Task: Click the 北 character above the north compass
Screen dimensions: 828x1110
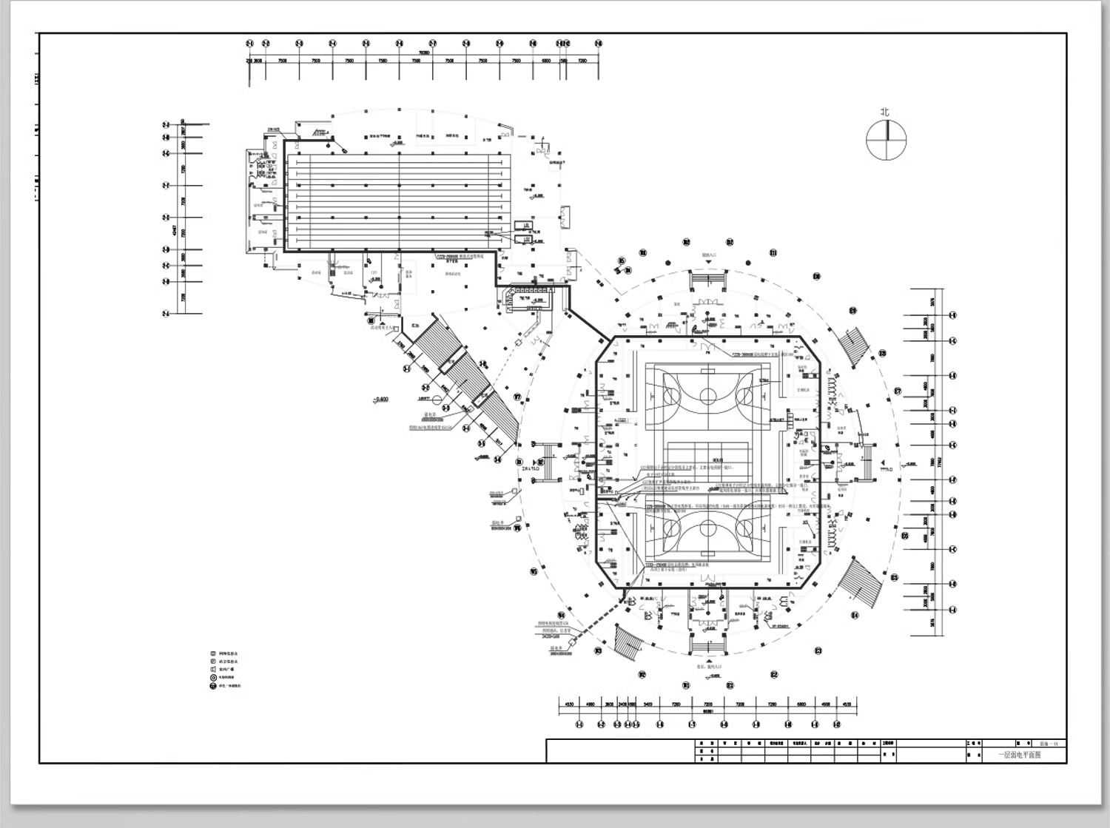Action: pyautogui.click(x=885, y=112)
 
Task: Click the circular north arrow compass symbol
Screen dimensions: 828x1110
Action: pyautogui.click(x=887, y=139)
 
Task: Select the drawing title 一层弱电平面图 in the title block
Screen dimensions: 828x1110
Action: pyautogui.click(x=1019, y=755)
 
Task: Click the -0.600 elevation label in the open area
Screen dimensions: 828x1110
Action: pyautogui.click(x=381, y=400)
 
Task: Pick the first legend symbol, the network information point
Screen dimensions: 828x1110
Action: pyautogui.click(x=213, y=654)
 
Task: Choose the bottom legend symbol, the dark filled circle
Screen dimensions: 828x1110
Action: pyautogui.click(x=213, y=686)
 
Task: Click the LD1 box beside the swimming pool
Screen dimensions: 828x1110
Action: pyautogui.click(x=527, y=226)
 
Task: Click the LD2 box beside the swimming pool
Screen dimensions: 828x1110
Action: pyautogui.click(x=527, y=238)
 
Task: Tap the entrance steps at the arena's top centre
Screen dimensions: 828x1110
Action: pyautogui.click(x=708, y=280)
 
